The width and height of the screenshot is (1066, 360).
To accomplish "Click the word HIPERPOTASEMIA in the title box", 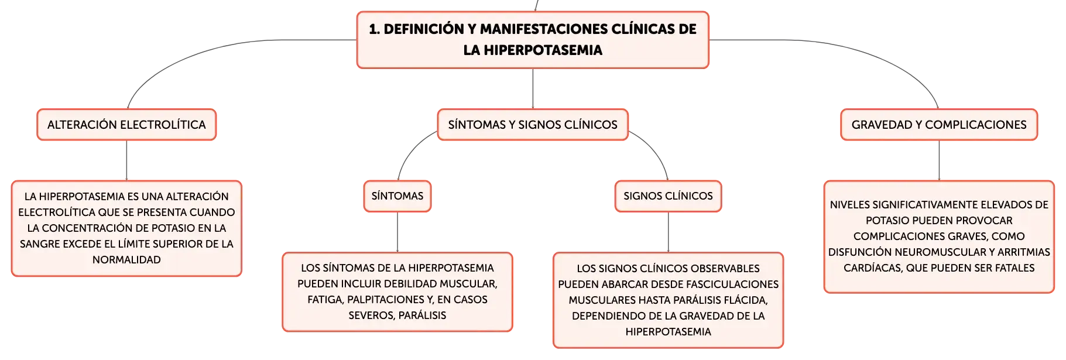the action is (x=543, y=50).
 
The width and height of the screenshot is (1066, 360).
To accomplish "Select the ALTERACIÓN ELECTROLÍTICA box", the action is (x=126, y=125).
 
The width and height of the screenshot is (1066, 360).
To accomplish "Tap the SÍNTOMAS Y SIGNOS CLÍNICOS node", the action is (x=533, y=125).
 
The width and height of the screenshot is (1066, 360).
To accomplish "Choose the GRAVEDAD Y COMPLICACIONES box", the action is (x=939, y=125).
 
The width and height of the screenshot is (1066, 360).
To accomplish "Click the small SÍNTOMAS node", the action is (x=397, y=196).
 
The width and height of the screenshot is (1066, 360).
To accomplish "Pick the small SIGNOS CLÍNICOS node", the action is (x=668, y=196).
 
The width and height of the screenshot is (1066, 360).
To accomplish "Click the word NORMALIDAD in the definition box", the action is (x=126, y=260).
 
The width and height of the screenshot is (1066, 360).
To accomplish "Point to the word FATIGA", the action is (x=325, y=300).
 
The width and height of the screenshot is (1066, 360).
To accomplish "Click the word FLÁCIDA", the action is (x=743, y=300).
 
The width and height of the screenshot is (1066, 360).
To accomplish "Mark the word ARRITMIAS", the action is (x=1024, y=252).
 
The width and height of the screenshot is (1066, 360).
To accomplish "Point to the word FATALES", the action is (x=1013, y=268).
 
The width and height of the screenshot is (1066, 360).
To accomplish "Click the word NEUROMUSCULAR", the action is (x=933, y=252).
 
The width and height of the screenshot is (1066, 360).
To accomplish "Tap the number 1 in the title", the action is (x=373, y=29).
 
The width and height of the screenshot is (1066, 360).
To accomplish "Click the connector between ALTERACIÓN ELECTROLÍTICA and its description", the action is (x=126, y=160).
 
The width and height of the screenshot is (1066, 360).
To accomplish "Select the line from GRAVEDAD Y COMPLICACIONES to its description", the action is (x=939, y=160).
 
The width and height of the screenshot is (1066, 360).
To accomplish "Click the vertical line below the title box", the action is (x=533, y=88).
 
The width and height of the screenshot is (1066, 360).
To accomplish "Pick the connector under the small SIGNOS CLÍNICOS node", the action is (x=668, y=232).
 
